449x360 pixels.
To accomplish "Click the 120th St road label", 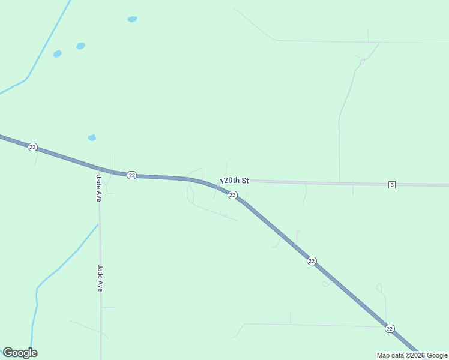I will point(234,180).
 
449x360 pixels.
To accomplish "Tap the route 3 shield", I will point(391,184).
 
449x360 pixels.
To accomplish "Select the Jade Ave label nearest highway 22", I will point(98,187).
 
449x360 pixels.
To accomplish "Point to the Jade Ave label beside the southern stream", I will point(100,278).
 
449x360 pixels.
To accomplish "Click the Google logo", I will point(20,353).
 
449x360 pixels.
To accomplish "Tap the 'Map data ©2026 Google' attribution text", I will point(412,355).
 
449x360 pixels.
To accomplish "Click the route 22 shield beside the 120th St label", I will point(232,195).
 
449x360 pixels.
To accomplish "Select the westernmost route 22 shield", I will point(33,147).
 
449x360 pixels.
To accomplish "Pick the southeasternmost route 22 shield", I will point(390,328).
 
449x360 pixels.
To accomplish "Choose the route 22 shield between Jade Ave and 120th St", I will point(132,175).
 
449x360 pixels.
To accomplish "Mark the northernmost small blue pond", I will point(132,19).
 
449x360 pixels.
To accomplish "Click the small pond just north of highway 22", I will point(92,137).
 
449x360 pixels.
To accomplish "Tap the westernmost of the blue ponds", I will point(57,53).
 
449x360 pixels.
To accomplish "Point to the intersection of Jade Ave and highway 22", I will point(98,169).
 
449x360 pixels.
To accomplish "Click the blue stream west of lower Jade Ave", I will point(57,270).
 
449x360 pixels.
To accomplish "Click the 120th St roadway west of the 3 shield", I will point(312,182).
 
